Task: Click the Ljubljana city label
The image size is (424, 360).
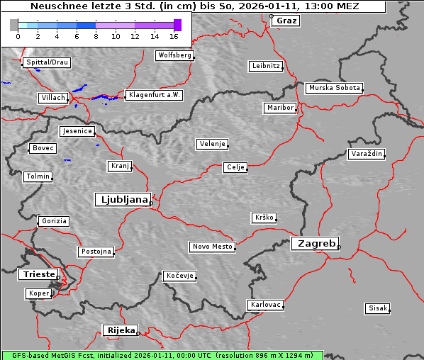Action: pyautogui.click(x=122, y=200)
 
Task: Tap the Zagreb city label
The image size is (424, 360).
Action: pyautogui.click(x=314, y=243)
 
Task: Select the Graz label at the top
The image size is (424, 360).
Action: pyautogui.click(x=286, y=21)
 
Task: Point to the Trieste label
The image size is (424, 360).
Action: pyautogui.click(x=36, y=274)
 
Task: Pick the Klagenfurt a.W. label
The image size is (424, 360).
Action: pyautogui.click(x=154, y=95)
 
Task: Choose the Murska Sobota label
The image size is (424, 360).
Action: pyautogui.click(x=334, y=89)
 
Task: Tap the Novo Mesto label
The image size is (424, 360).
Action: pyautogui.click(x=212, y=247)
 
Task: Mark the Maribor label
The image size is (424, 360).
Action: pyautogui.click(x=279, y=108)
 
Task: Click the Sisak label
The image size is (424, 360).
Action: pyautogui.click(x=377, y=308)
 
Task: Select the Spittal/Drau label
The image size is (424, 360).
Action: pyautogui.click(x=47, y=62)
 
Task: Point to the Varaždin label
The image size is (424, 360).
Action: pyautogui.click(x=367, y=154)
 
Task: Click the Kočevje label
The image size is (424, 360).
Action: pyautogui.click(x=179, y=275)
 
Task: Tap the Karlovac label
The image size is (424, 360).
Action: pyautogui.click(x=266, y=305)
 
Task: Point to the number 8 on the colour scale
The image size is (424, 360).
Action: pyautogui.click(x=96, y=35)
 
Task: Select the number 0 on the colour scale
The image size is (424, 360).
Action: pyautogui.click(x=17, y=35)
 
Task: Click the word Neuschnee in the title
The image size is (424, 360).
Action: pyautogui.click(x=58, y=6)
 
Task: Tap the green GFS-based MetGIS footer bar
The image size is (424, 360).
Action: pyautogui.click(x=162, y=355)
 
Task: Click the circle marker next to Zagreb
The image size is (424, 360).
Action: pyautogui.click(x=339, y=247)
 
